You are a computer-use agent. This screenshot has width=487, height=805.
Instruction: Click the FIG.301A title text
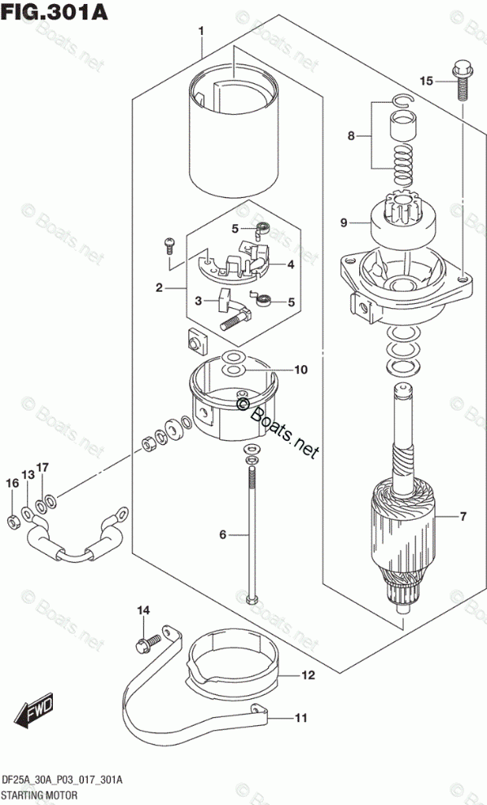(x=55, y=11)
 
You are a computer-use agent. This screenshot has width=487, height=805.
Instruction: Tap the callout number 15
(x=426, y=81)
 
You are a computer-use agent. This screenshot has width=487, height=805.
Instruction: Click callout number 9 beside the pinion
(x=344, y=222)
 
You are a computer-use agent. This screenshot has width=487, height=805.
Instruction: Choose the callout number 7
(x=463, y=517)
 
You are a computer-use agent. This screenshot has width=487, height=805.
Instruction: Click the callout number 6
(x=222, y=534)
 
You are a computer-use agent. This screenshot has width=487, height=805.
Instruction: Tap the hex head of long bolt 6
(x=252, y=599)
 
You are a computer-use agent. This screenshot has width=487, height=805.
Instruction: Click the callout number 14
(x=143, y=610)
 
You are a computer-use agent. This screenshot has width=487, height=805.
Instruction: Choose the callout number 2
(x=160, y=288)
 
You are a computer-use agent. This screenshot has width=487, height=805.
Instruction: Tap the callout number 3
(x=197, y=301)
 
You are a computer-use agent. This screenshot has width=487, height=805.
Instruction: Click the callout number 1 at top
(x=201, y=31)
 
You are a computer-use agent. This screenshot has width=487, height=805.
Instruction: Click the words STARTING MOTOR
(x=38, y=795)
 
